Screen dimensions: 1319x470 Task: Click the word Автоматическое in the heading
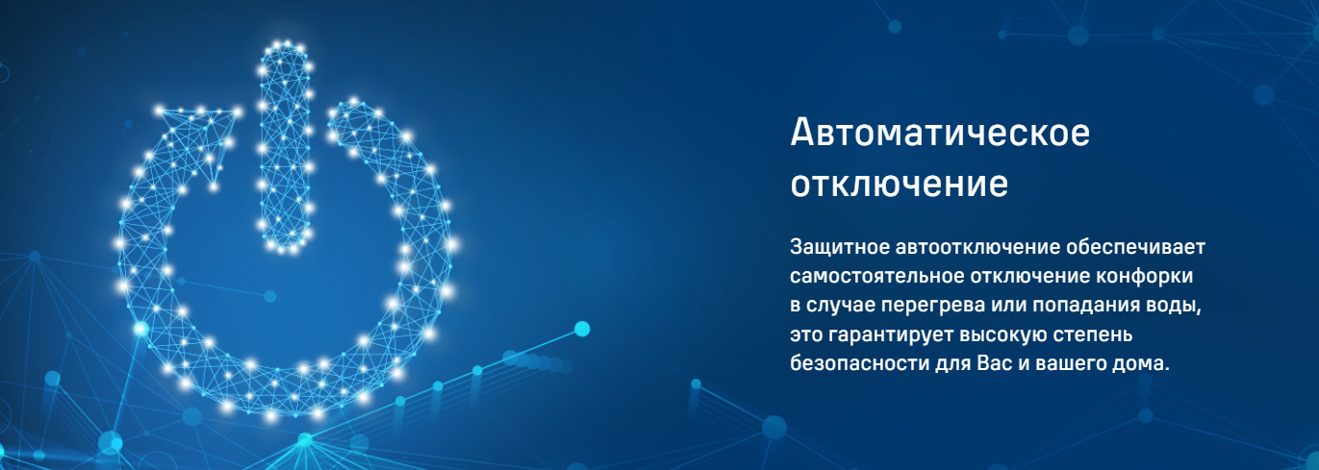[940, 133]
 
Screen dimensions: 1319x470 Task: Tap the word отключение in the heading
[900, 185]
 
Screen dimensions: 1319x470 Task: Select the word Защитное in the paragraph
[840, 248]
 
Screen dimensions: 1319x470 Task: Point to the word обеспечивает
[1136, 247]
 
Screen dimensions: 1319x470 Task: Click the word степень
[1092, 335]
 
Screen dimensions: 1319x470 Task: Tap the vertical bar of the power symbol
[285, 147]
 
